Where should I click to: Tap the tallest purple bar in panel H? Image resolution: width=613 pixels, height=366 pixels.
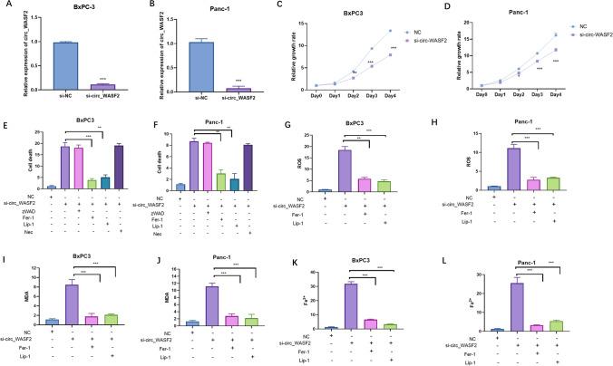pos(515,168)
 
